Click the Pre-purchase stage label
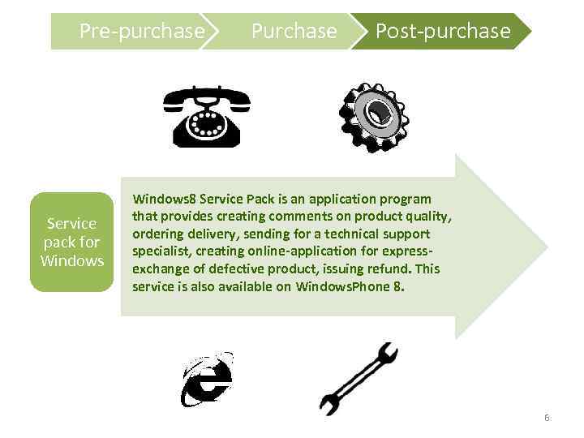[141, 32]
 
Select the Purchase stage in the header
[294, 32]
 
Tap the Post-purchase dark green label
[442, 32]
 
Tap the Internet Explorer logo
[207, 379]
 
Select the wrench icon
[358, 378]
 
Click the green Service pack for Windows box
[71, 242]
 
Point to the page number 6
[547, 418]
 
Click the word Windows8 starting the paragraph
[164, 199]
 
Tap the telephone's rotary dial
[207, 125]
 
